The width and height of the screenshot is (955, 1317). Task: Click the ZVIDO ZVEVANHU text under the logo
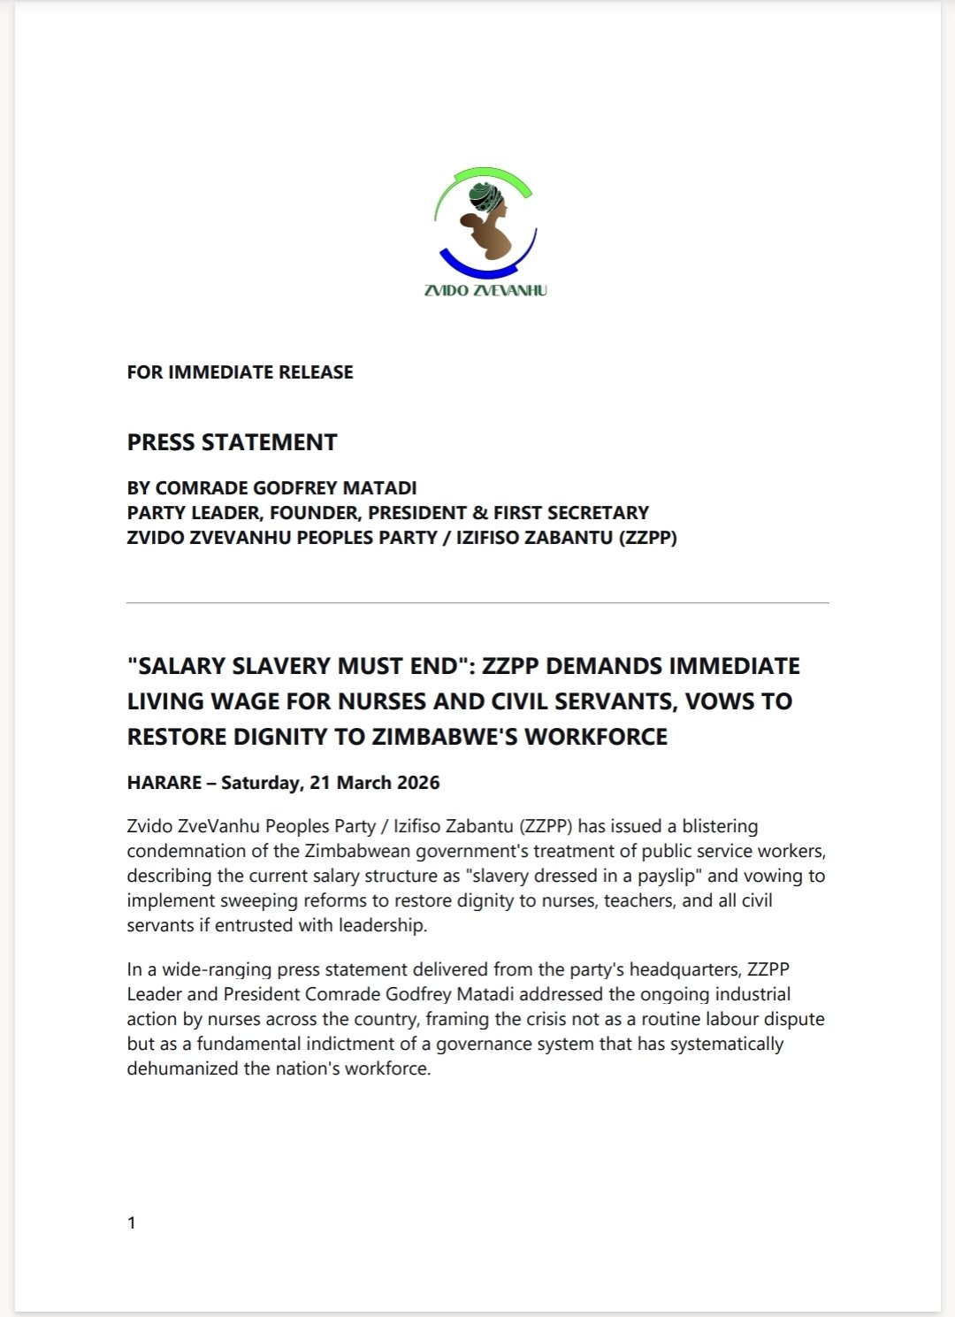pos(485,290)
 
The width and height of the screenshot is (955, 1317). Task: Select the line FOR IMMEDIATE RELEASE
pos(240,372)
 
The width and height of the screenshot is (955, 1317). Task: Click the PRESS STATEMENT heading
pos(232,442)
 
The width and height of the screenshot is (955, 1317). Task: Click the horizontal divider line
pos(477,603)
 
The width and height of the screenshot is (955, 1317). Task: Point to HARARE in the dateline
pos(164,783)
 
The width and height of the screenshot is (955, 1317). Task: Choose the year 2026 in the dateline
pos(418,783)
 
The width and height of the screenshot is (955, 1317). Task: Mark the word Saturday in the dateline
pos(260,783)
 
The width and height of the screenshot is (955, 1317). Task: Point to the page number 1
pos(132,1223)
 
